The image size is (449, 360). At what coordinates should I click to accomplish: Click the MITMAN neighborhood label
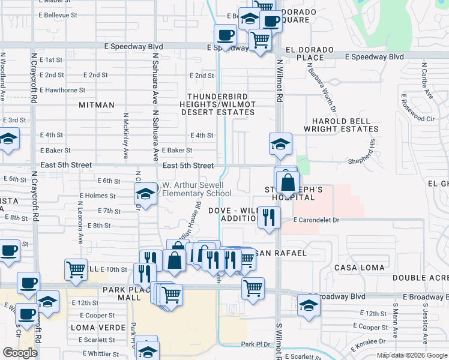click(96, 105)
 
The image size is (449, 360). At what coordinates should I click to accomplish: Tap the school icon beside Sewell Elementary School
click(145, 193)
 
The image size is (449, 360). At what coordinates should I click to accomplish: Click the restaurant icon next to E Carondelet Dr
click(269, 216)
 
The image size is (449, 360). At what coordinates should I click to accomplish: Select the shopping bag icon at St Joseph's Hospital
click(288, 182)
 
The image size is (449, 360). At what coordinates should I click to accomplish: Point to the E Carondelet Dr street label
click(316, 220)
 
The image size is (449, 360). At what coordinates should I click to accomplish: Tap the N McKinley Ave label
click(125, 136)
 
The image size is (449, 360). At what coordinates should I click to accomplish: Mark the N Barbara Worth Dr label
click(321, 88)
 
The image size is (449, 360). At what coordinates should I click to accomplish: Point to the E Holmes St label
click(97, 196)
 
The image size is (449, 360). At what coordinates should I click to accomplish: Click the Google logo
click(20, 353)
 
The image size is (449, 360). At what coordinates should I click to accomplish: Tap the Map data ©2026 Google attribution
click(411, 355)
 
